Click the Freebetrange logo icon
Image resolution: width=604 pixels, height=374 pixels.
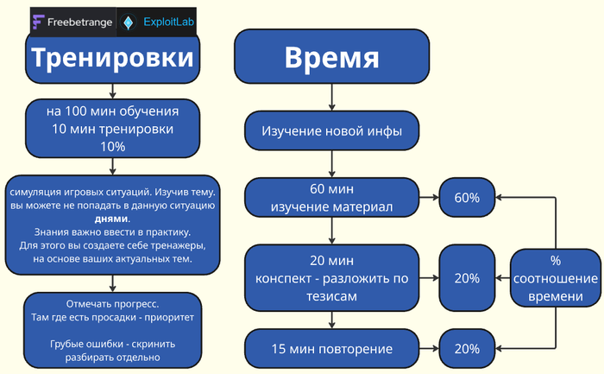click(x=39, y=21)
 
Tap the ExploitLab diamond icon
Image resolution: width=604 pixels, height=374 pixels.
click(x=129, y=21)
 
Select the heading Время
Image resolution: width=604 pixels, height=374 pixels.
click(x=332, y=59)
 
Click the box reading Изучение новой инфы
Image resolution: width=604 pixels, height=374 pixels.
click(x=332, y=133)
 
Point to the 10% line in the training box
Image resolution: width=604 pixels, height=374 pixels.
click(x=113, y=147)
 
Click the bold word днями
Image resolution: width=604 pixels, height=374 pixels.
click(x=112, y=219)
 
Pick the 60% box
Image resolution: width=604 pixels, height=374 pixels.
click(x=467, y=198)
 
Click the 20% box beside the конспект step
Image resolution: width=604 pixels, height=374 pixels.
click(x=467, y=278)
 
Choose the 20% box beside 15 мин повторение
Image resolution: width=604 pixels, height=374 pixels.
click(x=467, y=349)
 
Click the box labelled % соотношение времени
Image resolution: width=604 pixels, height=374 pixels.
click(x=555, y=278)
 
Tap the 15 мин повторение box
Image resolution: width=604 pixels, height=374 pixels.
click(x=332, y=349)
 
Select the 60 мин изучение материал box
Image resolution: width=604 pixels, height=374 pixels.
click(x=332, y=198)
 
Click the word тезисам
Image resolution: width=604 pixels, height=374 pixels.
click(x=332, y=295)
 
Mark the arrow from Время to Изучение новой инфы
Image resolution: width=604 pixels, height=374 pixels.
click(x=332, y=100)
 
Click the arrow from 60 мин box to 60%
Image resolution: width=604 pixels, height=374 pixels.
click(x=430, y=198)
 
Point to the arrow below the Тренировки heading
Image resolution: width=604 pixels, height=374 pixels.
click(x=112, y=90)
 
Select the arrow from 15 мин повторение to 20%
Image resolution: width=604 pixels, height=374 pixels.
click(x=430, y=349)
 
